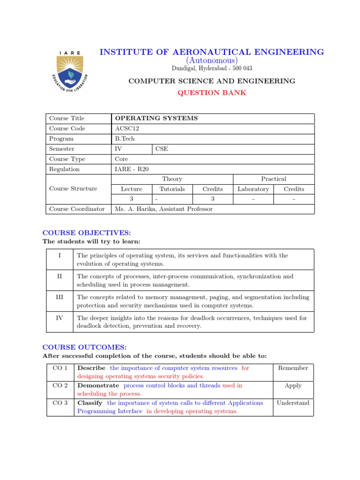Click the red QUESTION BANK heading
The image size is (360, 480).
(211, 92)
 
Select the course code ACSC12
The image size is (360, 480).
(127, 128)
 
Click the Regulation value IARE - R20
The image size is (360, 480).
(132, 169)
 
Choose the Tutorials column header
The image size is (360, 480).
(172, 189)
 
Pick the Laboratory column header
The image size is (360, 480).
(253, 189)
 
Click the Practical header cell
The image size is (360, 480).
(273, 179)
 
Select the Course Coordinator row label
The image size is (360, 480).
(77, 209)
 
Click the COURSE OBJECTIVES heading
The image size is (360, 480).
(87, 232)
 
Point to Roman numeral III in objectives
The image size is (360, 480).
(60, 297)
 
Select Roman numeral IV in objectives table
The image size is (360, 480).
(60, 317)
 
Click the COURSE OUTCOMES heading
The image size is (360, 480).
(84, 347)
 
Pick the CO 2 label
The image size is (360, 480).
(60, 385)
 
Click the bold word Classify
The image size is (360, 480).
(90, 403)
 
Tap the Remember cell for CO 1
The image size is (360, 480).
(293, 368)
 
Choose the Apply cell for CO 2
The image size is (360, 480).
(293, 385)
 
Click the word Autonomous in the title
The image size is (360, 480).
(211, 60)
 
